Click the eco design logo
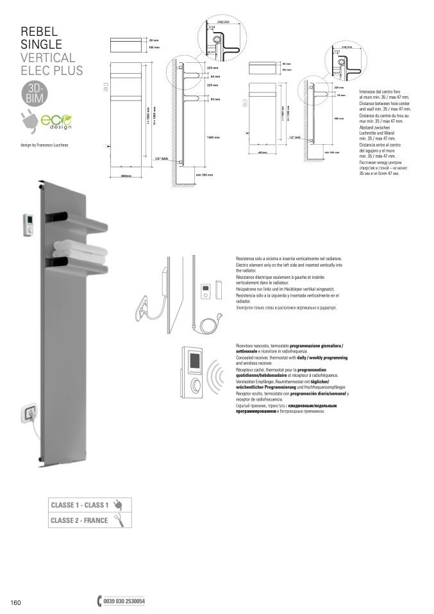tap(57, 120)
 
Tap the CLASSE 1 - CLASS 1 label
tap(79, 505)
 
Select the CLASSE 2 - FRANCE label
tap(79, 520)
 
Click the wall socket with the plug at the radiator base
tap(29, 413)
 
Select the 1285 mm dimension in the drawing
tap(213, 137)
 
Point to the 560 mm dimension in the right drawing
tap(339, 119)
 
